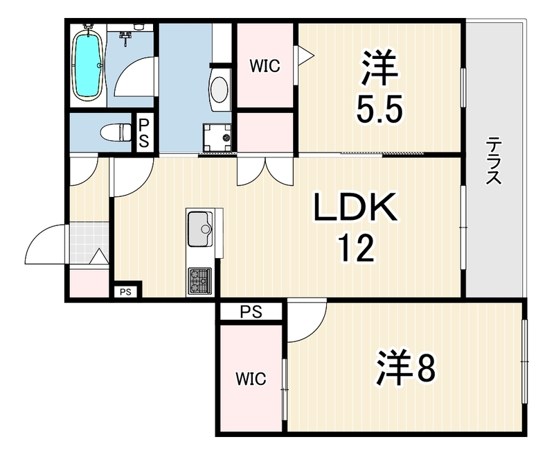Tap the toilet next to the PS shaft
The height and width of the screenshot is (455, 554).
pyautogui.click(x=115, y=132)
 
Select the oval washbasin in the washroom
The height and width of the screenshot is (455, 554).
pyautogui.click(x=220, y=90)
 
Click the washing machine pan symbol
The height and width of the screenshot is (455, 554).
pyautogui.click(x=217, y=138)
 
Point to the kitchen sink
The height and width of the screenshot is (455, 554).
pyautogui.click(x=200, y=229)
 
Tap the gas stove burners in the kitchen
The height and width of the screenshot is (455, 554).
pyautogui.click(x=199, y=281)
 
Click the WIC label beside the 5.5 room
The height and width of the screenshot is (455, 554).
pyautogui.click(x=265, y=66)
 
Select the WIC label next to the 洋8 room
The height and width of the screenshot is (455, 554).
pyautogui.click(x=251, y=379)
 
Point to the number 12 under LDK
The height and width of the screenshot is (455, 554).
pyautogui.click(x=356, y=248)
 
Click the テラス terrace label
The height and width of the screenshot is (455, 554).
pyautogui.click(x=494, y=161)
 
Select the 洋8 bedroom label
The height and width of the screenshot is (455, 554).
pyautogui.click(x=406, y=368)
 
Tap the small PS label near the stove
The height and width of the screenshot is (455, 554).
pyautogui.click(x=125, y=292)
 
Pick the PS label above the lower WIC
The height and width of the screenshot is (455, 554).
pyautogui.click(x=251, y=311)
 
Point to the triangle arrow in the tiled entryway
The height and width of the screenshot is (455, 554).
pyautogui.click(x=99, y=256)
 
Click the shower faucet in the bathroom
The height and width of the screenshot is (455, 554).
pyautogui.click(x=125, y=38)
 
